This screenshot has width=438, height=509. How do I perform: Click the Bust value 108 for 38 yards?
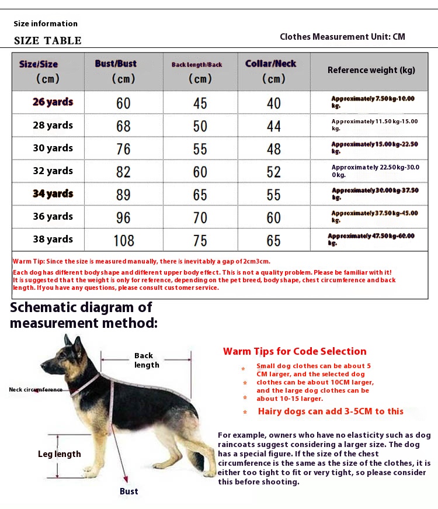(123, 240)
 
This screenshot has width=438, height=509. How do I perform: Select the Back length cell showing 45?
(200, 103)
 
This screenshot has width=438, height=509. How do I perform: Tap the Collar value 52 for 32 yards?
(273, 171)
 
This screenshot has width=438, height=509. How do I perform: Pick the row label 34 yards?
(53, 193)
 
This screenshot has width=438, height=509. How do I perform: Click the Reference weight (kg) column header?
(371, 70)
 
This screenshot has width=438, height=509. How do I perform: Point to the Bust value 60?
(123, 103)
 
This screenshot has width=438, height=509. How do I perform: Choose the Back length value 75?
(200, 240)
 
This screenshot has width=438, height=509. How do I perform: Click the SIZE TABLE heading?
(48, 40)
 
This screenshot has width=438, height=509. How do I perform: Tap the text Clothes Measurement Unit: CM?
(342, 37)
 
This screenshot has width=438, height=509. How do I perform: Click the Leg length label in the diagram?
(60, 454)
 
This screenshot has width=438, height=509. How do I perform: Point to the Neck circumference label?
(36, 390)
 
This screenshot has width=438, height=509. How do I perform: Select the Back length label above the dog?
(146, 360)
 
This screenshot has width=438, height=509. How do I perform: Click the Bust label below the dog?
(128, 491)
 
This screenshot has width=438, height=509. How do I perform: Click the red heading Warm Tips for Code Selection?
(294, 351)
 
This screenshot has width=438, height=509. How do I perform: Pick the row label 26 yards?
(53, 102)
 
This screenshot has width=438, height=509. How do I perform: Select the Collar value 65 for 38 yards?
(273, 240)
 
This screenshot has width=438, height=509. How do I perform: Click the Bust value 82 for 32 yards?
(123, 171)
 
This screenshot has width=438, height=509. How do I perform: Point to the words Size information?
(46, 24)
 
